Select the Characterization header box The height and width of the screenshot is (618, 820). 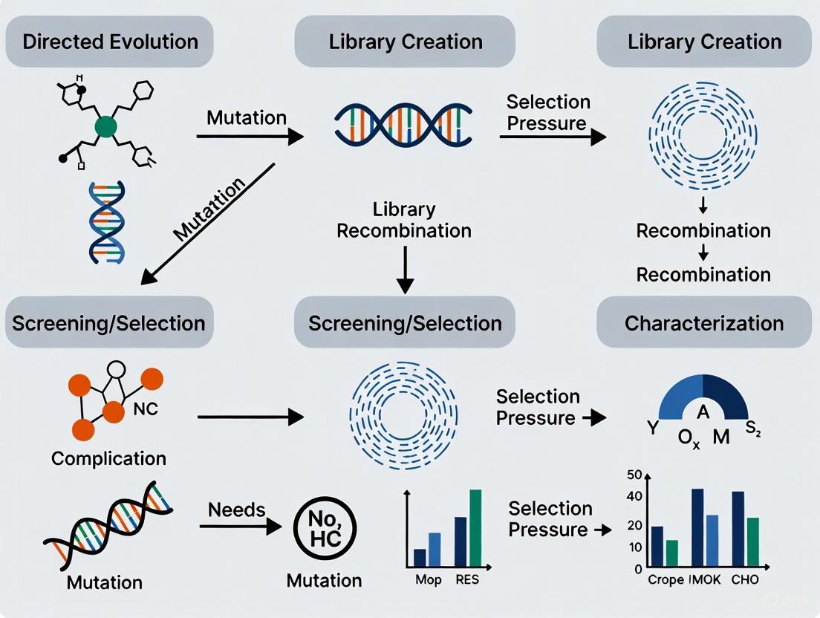point(703,323)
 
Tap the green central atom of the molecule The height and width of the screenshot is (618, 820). point(106,127)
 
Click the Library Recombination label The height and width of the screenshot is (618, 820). point(404,220)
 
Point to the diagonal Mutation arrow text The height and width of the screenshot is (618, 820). point(211,209)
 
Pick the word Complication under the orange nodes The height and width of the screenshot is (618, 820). point(108,458)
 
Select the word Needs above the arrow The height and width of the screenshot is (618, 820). point(236,510)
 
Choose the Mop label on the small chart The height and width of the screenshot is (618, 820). point(429,580)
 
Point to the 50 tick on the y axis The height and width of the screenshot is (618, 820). point(634,475)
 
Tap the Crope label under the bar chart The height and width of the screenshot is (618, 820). point(666,579)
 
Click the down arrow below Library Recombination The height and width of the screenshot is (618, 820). point(404,272)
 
